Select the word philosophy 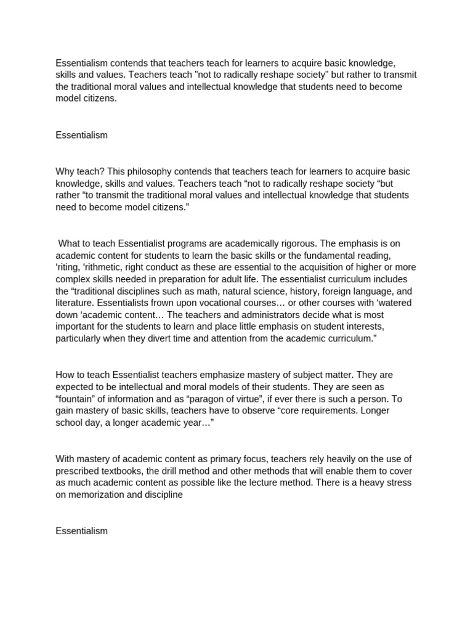[149, 171]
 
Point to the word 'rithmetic [106, 267]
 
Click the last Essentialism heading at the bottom [81, 530]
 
